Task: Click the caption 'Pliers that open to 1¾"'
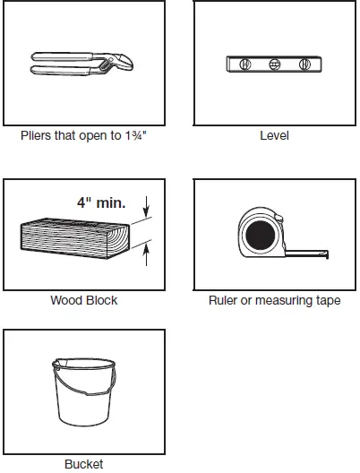[83, 138]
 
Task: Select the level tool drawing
[274, 64]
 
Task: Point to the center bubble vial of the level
[274, 64]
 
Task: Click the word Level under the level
[274, 137]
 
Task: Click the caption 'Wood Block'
[83, 300]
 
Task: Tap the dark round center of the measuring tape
[261, 236]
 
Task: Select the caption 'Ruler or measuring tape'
[274, 300]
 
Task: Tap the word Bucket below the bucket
[83, 464]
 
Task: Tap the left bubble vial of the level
[244, 64]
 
